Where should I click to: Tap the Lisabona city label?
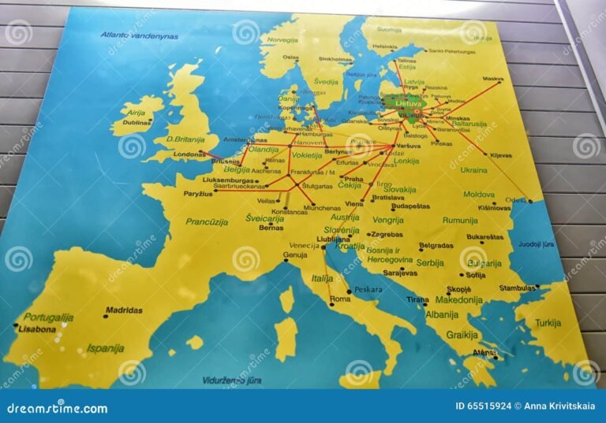click(x=37, y=329)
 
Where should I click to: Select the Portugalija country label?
click(x=48, y=317)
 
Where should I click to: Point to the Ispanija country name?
click(x=105, y=347)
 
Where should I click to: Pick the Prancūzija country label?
click(x=207, y=222)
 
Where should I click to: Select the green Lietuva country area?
click(x=406, y=103)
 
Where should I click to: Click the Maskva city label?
click(x=493, y=79)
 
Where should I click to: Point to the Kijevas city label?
click(x=501, y=155)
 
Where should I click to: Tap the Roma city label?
click(x=339, y=299)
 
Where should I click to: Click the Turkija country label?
click(x=547, y=323)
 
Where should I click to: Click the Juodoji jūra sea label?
click(x=536, y=244)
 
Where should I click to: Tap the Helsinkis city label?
click(x=384, y=47)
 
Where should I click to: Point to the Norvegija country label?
click(x=282, y=39)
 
